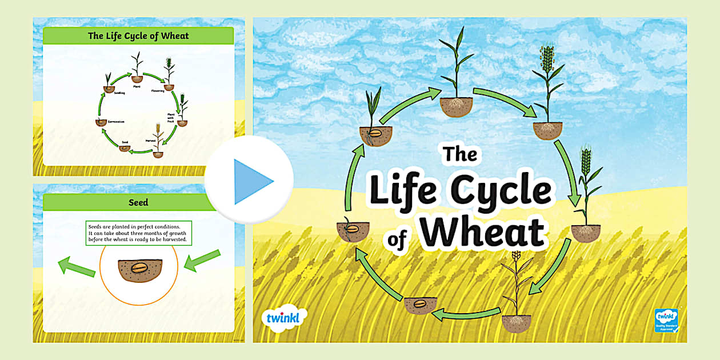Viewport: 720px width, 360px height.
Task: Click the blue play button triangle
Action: [x=251, y=181]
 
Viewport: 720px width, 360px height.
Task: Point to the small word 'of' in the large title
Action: [x=397, y=239]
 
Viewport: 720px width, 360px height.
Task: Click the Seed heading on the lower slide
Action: [x=138, y=202]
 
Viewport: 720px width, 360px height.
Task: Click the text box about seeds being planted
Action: [x=139, y=233]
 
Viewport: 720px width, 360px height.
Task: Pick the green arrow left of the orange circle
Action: [x=76, y=266]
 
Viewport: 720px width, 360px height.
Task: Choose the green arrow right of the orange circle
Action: [x=202, y=260]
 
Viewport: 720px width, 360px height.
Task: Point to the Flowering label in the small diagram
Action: [x=158, y=91]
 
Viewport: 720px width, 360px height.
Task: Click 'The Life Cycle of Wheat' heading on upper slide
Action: [x=138, y=36]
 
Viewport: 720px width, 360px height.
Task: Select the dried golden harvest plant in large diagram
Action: [x=516, y=286]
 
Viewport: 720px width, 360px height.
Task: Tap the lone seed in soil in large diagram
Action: [x=420, y=304]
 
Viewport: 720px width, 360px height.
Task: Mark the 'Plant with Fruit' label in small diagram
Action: [x=170, y=118]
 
